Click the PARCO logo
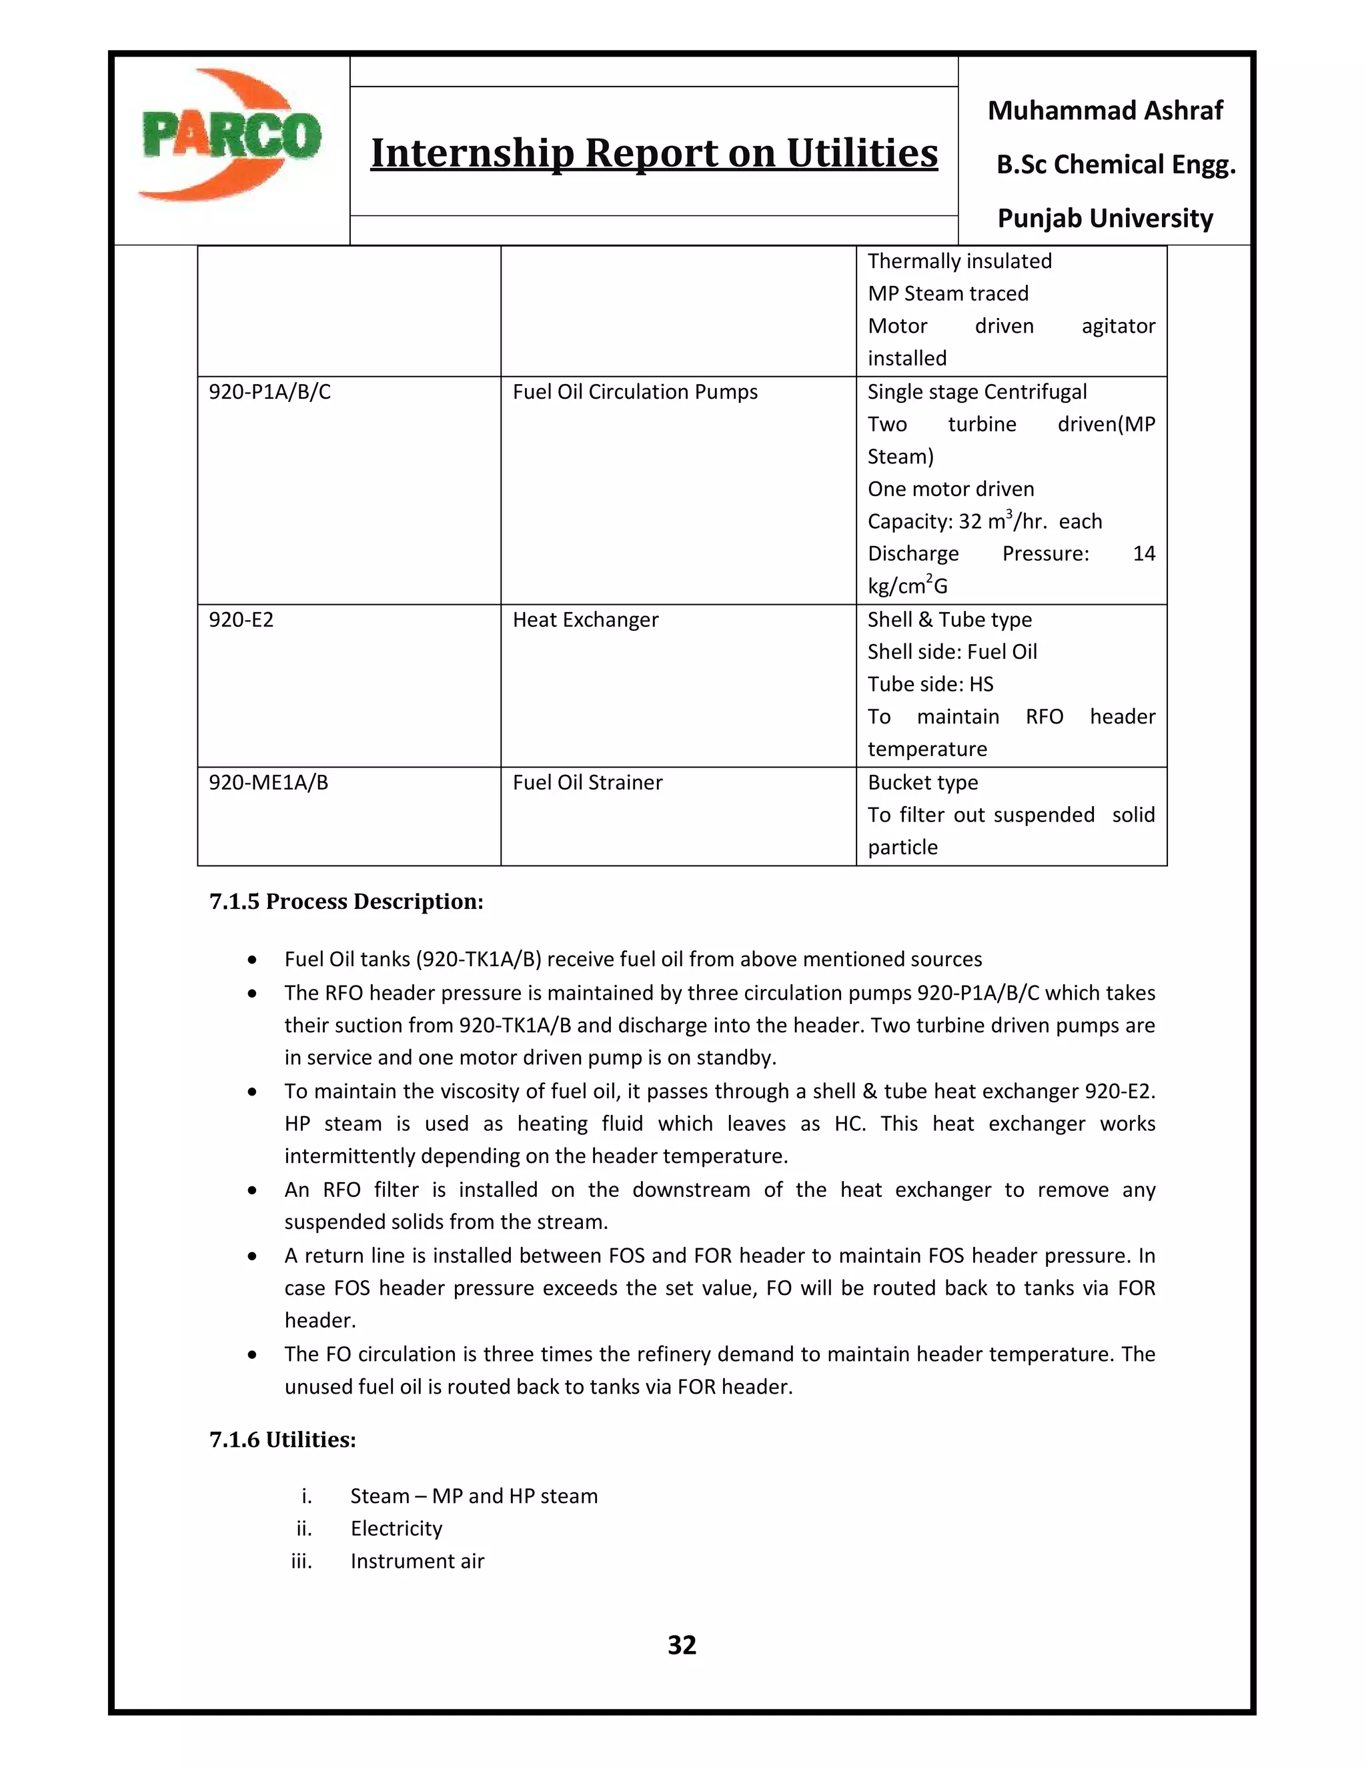click(230, 136)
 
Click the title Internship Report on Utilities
click(654, 153)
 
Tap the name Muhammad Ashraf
click(1105, 110)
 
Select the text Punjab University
click(1105, 219)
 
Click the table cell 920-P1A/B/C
click(269, 392)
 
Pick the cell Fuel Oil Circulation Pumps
click(634, 392)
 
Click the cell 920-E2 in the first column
click(241, 619)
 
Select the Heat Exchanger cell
click(585, 619)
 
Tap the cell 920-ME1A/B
click(268, 782)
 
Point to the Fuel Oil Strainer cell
click(588, 782)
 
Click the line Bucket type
click(922, 782)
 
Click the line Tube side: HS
click(930, 685)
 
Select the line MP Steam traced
click(948, 293)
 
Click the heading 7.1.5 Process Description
click(346, 902)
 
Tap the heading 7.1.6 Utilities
click(282, 1440)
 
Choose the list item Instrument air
click(417, 1561)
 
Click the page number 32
click(682, 1645)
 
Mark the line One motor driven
click(951, 489)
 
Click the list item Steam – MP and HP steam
click(474, 1496)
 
